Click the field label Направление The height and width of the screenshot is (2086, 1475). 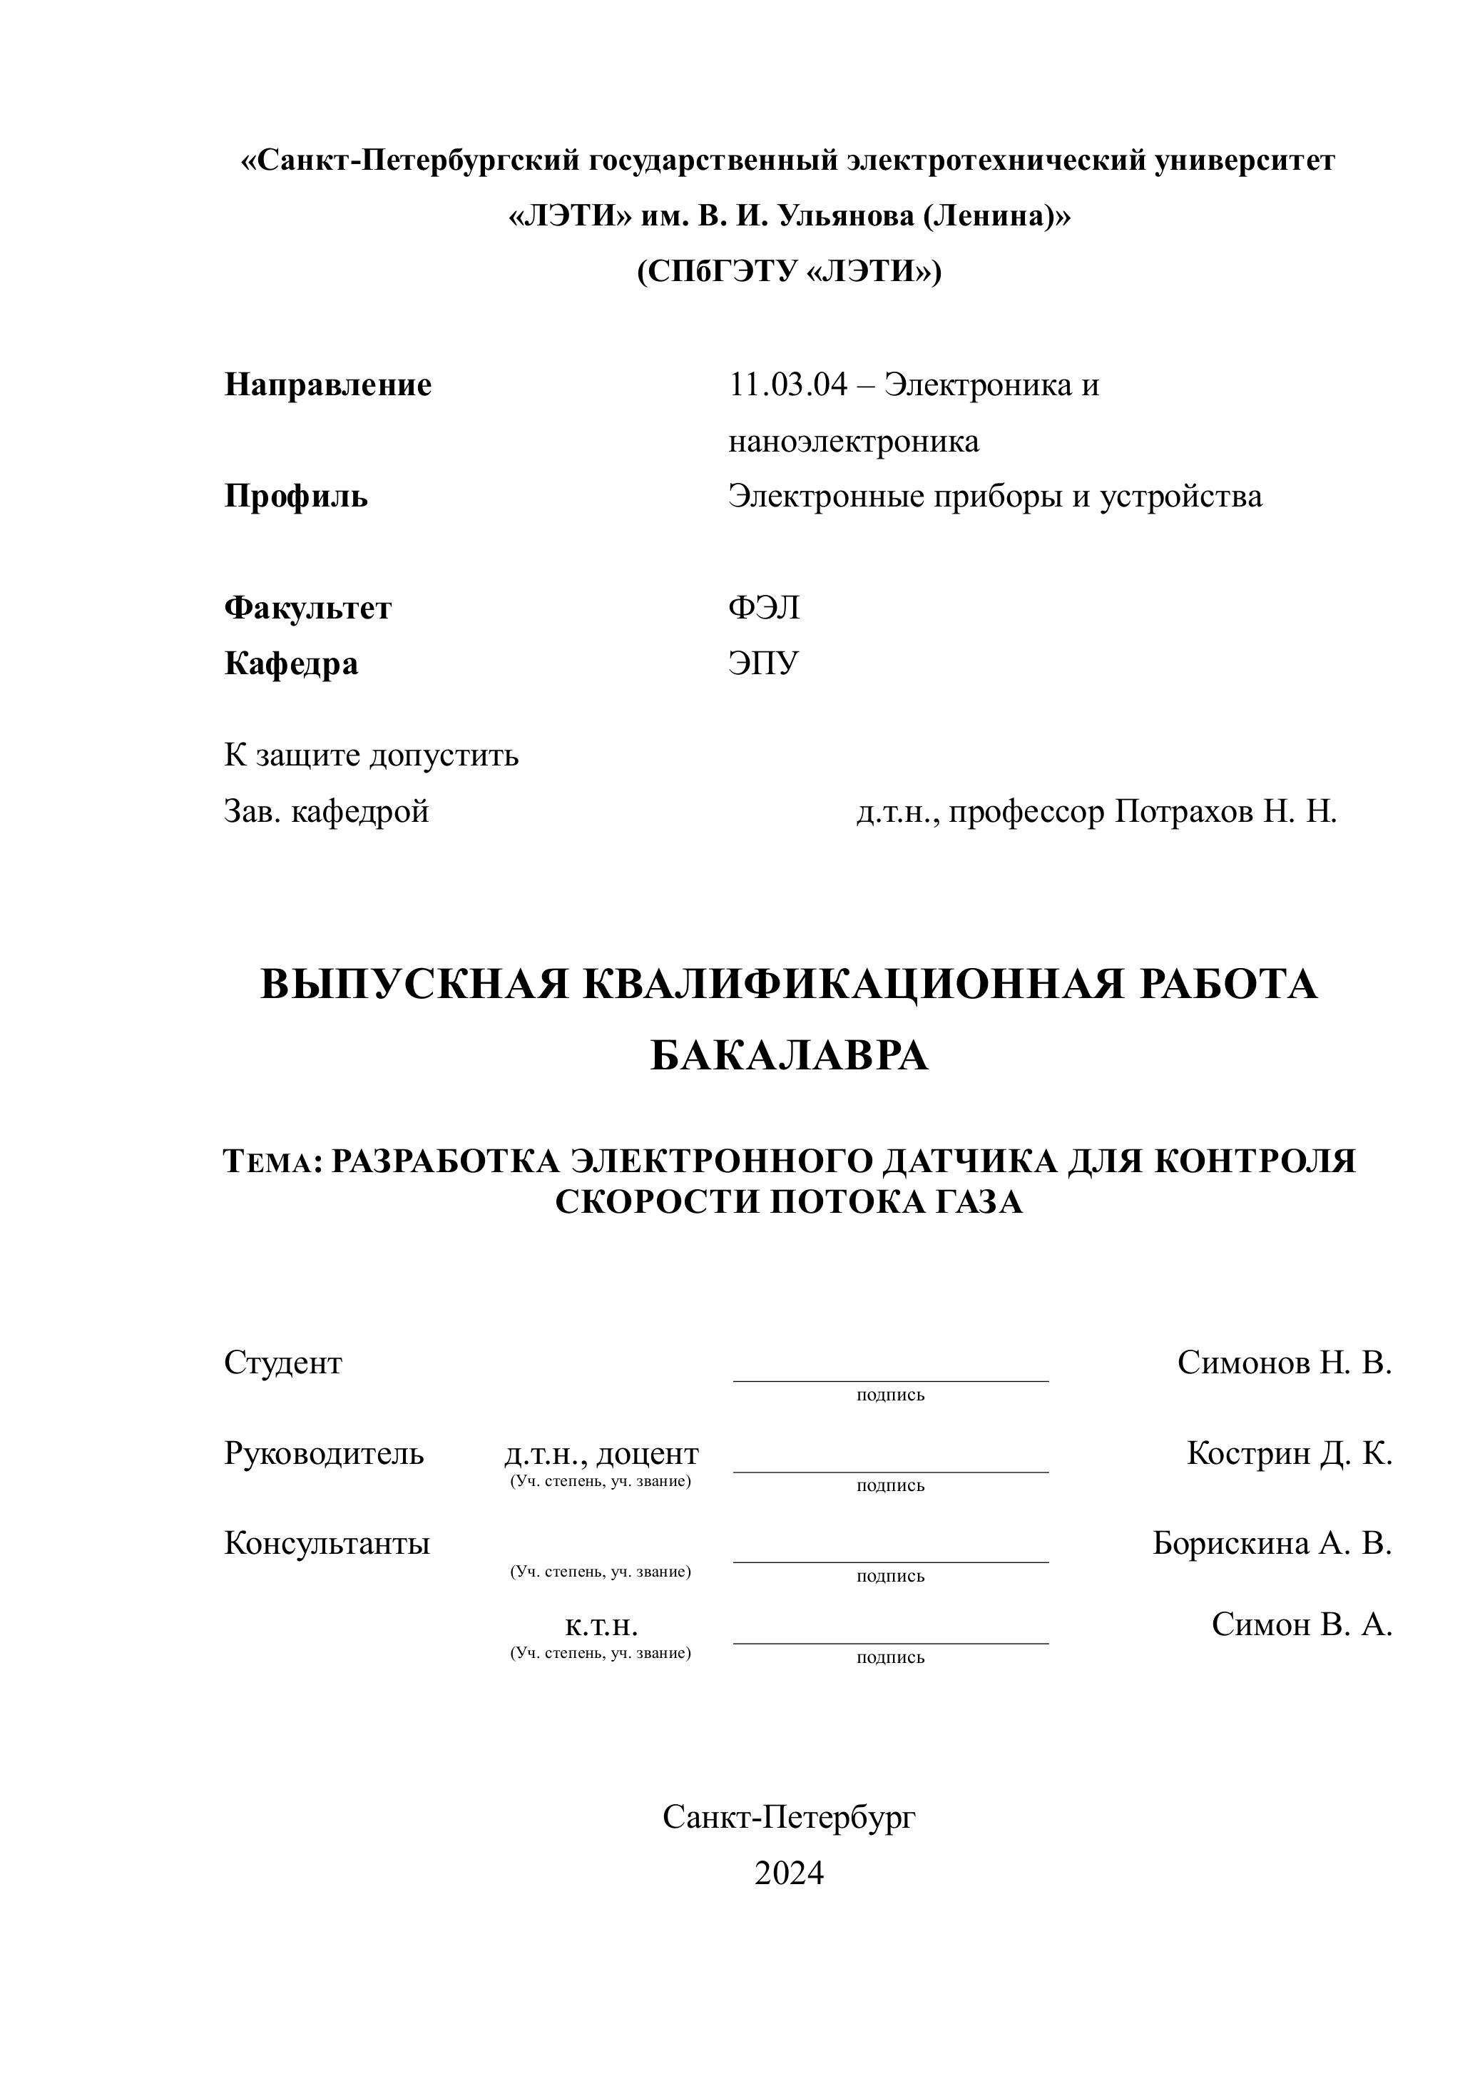328,385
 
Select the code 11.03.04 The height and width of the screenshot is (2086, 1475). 787,385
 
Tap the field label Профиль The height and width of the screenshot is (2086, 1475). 296,497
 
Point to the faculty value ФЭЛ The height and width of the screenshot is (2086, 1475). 764,608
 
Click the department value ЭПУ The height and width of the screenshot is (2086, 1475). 763,664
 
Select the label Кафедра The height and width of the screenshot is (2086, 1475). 292,664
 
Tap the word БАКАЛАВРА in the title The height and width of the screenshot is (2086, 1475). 790,1056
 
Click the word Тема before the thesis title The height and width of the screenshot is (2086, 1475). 269,1162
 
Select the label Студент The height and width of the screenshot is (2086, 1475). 283,1363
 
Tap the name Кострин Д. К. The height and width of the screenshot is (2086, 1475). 1289,1454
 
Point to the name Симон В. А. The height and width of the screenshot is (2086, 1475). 1302,1624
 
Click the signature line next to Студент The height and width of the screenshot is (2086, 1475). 890,1378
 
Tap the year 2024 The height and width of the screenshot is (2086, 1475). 790,1873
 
